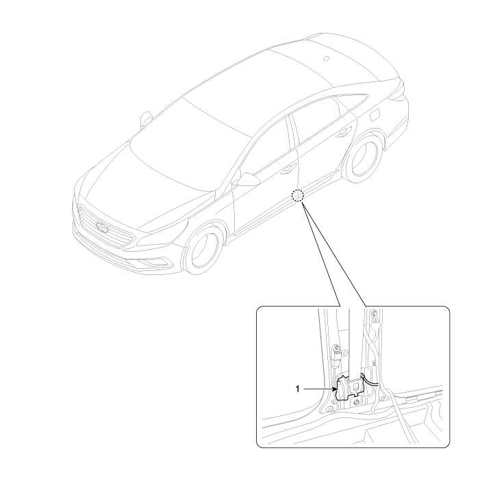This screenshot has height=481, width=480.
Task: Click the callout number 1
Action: pos(297,389)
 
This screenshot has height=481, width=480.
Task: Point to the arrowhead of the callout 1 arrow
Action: pos(336,389)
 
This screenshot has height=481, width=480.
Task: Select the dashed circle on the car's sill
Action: pos(298,196)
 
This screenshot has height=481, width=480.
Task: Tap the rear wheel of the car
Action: pos(364,159)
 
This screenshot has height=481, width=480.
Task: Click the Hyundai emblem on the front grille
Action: pos(102,226)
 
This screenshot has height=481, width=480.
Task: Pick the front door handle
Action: pos(289,168)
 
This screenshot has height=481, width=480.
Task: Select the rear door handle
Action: pos(344,132)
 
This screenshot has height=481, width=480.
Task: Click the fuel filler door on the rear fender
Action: pos(375,114)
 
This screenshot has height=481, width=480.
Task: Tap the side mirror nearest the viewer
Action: pos(247,180)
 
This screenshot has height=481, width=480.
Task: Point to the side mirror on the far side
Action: pos(146,119)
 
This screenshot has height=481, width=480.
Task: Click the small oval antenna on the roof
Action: pos(327,59)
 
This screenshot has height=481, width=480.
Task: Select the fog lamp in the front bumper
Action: pos(153,262)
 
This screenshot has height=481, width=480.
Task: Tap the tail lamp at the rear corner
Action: pos(398,92)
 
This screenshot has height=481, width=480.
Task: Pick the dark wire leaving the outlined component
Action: pos(370,380)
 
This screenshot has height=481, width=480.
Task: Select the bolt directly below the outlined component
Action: pos(356,403)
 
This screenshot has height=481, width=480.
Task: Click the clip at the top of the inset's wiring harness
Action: pos(374,313)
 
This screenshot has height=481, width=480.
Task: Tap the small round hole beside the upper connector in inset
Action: pos(345,353)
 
